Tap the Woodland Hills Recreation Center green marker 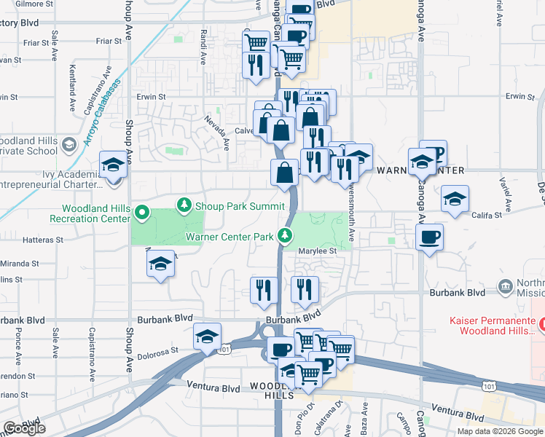pyautogui.click(x=143, y=214)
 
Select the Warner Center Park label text pyautogui.click(x=229, y=236)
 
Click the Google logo pyautogui.click(x=24, y=428)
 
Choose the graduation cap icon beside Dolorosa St pyautogui.click(x=208, y=337)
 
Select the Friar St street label pyautogui.click(x=36, y=42)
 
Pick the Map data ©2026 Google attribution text pyautogui.click(x=500, y=431)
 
